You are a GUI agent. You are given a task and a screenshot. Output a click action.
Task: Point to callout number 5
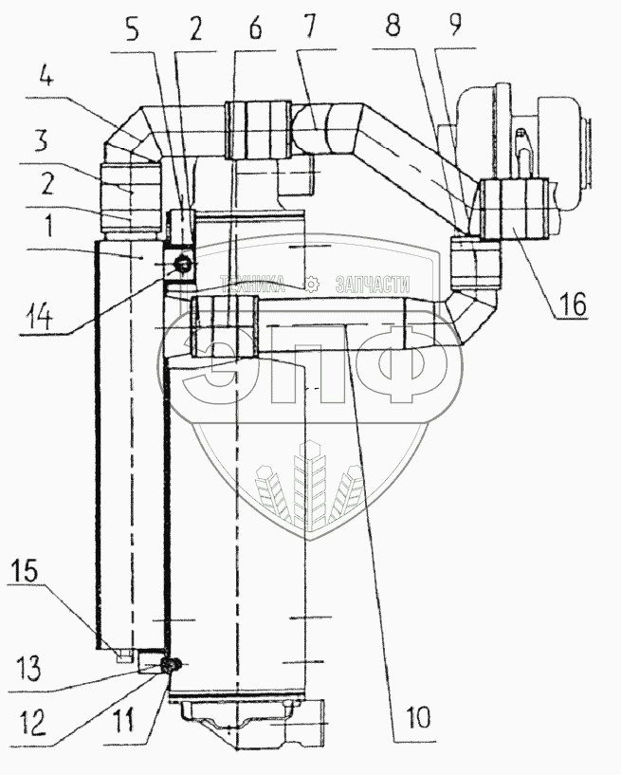pos(132,28)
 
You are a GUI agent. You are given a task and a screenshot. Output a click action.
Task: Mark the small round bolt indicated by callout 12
pos(172,665)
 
